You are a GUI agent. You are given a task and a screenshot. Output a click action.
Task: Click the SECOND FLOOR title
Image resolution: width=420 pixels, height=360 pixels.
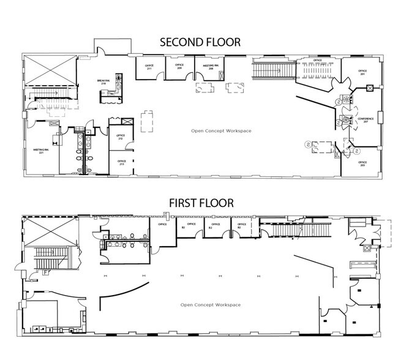(200, 42)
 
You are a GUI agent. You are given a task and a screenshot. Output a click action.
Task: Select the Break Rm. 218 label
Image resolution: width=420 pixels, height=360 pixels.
(103, 81)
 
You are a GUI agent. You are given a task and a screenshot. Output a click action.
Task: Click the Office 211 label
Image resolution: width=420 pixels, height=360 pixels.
(149, 67)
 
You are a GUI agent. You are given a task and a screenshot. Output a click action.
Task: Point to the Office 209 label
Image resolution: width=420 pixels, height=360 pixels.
(179, 66)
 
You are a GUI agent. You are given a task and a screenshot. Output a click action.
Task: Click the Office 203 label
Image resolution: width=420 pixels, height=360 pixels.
(362, 163)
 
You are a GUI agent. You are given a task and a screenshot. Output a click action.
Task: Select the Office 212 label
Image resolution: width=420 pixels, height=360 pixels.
(121, 137)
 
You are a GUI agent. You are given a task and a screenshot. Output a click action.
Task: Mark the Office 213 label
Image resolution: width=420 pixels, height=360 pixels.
(121, 163)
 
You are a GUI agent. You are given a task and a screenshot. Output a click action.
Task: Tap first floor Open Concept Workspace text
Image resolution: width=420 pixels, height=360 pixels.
(210, 305)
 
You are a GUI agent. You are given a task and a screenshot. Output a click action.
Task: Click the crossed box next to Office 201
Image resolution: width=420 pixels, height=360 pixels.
(369, 88)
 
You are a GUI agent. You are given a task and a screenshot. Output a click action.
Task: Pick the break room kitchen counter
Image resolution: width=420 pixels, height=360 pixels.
(110, 94)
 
